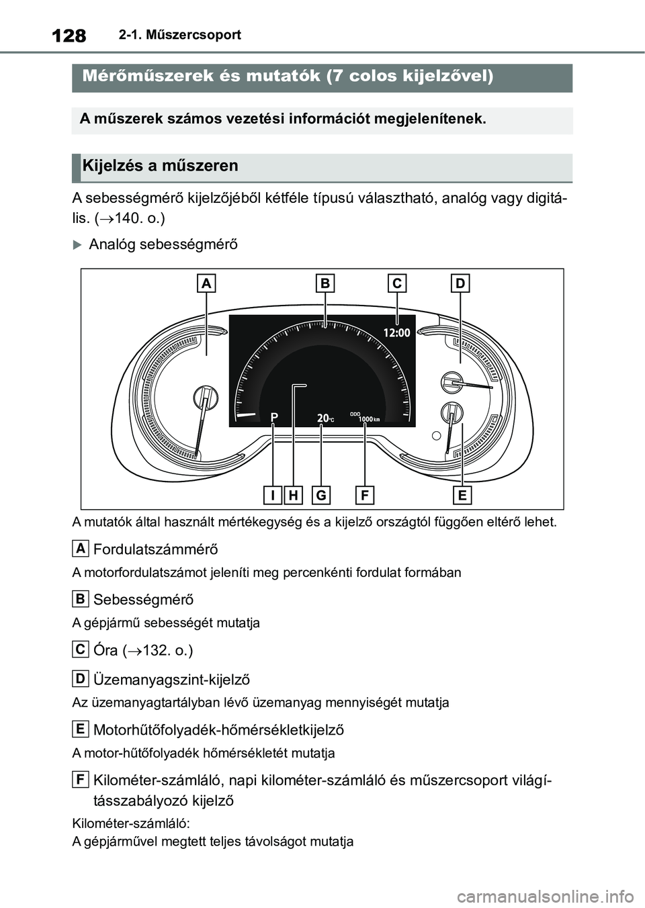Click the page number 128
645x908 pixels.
coord(68,35)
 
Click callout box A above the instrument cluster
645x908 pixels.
coord(207,284)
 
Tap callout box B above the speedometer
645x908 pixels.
coord(325,284)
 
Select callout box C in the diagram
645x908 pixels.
coord(397,284)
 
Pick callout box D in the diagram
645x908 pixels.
coord(460,284)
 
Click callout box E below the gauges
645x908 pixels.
coord(462,496)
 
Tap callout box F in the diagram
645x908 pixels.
coord(364,496)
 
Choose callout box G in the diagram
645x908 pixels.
coord(321,496)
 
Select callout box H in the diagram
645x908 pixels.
coord(294,496)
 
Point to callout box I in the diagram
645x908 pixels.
coord(273,496)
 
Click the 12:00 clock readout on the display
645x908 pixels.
coord(396,332)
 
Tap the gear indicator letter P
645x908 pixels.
coord(274,418)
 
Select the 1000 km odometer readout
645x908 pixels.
coord(368,419)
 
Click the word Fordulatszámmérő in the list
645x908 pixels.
coord(155,549)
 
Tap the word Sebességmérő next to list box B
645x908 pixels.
coord(143,599)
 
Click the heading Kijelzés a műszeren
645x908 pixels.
coord(160,166)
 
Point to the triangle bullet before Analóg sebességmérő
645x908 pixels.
coord(77,244)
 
